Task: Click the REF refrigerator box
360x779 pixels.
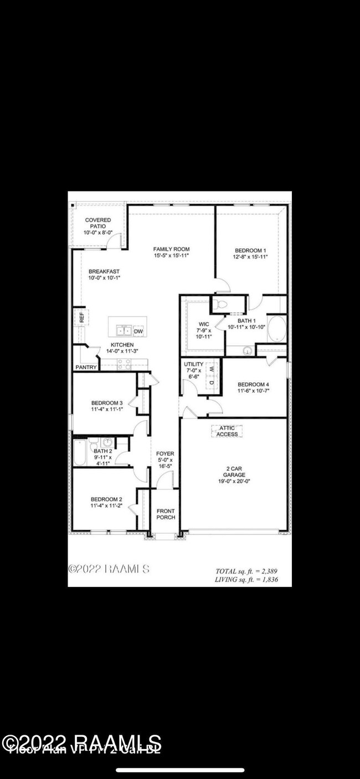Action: (x=81, y=318)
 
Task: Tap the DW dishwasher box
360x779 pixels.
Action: (x=138, y=331)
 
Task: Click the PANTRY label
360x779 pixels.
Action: (x=86, y=367)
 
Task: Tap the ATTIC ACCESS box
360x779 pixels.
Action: (x=227, y=431)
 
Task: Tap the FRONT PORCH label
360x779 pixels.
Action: (x=166, y=514)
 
